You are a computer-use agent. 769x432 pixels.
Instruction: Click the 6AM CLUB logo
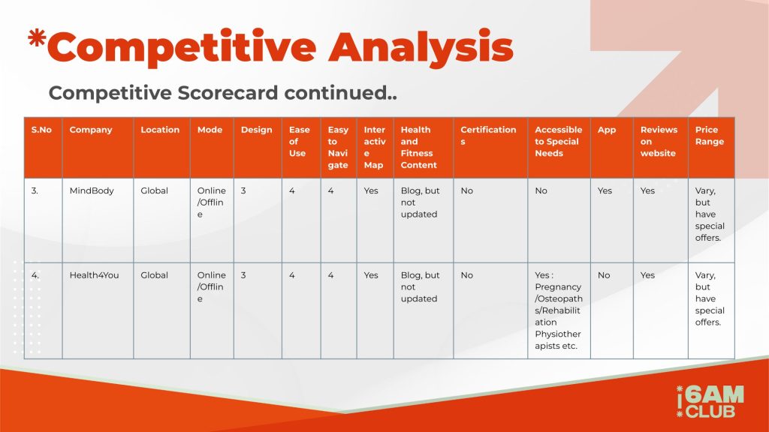point(710,402)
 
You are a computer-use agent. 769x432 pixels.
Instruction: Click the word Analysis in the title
point(421,47)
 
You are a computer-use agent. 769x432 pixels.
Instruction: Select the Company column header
point(98,148)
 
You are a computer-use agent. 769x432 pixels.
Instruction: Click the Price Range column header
point(711,148)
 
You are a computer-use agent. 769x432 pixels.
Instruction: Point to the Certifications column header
point(490,148)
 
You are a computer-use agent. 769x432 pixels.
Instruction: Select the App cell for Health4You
point(611,310)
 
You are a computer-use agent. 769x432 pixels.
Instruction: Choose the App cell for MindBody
point(611,220)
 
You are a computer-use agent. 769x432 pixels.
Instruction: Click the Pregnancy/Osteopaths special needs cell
point(559,310)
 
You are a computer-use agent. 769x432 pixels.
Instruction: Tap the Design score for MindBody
point(258,220)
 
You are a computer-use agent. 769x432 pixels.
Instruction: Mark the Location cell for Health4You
point(162,310)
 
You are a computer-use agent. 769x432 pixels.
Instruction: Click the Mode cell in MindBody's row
point(212,220)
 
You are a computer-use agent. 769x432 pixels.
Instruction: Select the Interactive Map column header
point(375,148)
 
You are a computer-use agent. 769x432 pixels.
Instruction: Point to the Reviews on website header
point(661,148)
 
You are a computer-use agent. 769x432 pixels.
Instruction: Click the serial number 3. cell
point(43,220)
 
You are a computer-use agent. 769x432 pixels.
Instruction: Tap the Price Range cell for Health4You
point(711,310)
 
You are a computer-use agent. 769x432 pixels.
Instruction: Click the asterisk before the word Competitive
point(37,38)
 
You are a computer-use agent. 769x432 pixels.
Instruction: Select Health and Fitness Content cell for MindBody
point(424,220)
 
